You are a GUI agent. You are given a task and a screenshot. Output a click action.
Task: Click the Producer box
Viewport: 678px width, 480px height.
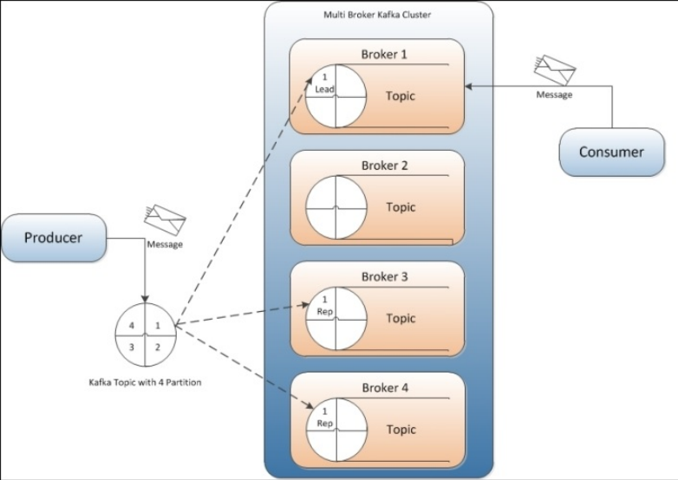53,237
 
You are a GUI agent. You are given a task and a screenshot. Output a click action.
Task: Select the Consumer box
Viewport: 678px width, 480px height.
612,152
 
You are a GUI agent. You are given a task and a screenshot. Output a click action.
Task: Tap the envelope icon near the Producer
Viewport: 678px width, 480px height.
164,220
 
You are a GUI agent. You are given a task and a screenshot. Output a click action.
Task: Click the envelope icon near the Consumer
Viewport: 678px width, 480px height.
555,69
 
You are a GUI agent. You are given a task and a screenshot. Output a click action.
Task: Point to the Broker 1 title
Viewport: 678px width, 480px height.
384,55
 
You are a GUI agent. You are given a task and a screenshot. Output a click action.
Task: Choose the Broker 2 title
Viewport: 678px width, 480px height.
384,165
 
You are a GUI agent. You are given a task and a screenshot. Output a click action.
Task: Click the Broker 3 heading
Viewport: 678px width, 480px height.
384,277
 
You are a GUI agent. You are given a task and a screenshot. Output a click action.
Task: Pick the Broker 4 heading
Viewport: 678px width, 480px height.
384,387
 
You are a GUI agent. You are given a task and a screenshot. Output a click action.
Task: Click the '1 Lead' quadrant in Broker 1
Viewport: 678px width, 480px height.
323,83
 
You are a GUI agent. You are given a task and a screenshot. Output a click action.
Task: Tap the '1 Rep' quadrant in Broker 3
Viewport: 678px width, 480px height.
323,306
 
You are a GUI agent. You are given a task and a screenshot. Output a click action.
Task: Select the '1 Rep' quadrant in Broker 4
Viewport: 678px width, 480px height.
323,417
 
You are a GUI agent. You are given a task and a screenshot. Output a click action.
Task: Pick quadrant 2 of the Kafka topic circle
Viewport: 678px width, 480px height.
157,347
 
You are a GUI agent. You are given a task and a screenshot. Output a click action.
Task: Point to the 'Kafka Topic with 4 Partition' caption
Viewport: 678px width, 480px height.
145,382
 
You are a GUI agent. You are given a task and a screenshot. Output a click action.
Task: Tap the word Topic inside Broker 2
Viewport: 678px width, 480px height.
401,207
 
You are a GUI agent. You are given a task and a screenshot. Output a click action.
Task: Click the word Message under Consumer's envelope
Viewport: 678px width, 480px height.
554,94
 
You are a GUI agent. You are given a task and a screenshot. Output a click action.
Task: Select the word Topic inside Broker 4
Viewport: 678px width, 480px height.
401,430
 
